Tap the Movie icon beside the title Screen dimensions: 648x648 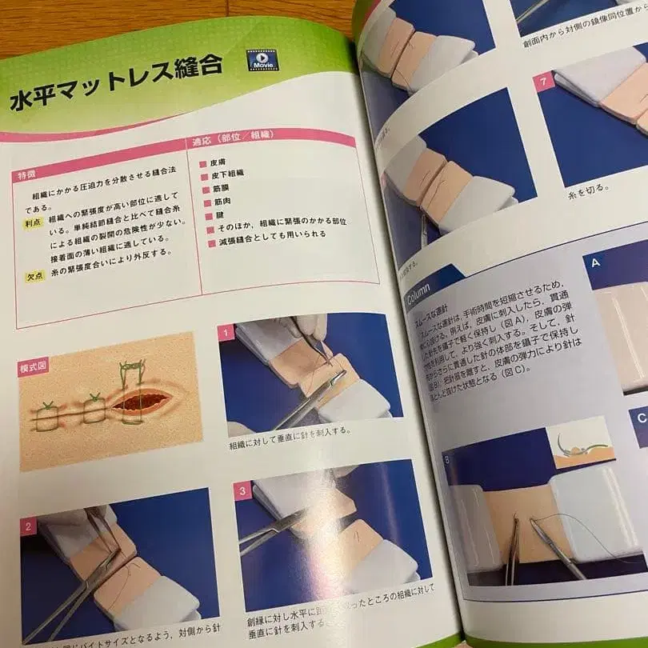point(261,60)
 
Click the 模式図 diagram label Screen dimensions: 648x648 point(33,368)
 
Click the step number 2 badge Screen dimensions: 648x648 point(28,527)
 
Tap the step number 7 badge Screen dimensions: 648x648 point(545,82)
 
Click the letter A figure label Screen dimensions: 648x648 point(596,262)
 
